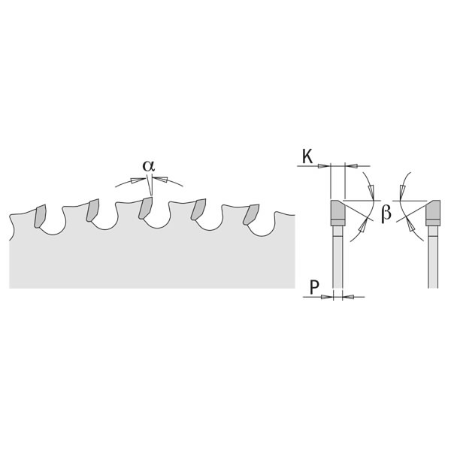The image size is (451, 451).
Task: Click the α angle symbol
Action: coord(149,165)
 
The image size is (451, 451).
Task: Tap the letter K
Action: coord(307,156)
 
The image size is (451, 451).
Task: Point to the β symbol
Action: coord(386,214)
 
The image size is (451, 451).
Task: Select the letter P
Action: coord(315,286)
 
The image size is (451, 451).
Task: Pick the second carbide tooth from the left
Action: coord(92,210)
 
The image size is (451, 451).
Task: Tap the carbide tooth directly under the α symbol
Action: coord(146,208)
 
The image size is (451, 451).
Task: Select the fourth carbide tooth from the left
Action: coord(199,209)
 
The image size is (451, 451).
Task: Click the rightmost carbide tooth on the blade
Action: coord(250,214)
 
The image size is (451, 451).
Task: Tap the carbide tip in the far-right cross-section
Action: coord(433,213)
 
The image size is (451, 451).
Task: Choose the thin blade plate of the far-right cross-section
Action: coord(433,256)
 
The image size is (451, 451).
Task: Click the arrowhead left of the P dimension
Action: coord(327,297)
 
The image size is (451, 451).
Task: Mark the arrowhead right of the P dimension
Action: coord(347,297)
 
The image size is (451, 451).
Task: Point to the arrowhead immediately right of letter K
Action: coord(325,165)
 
